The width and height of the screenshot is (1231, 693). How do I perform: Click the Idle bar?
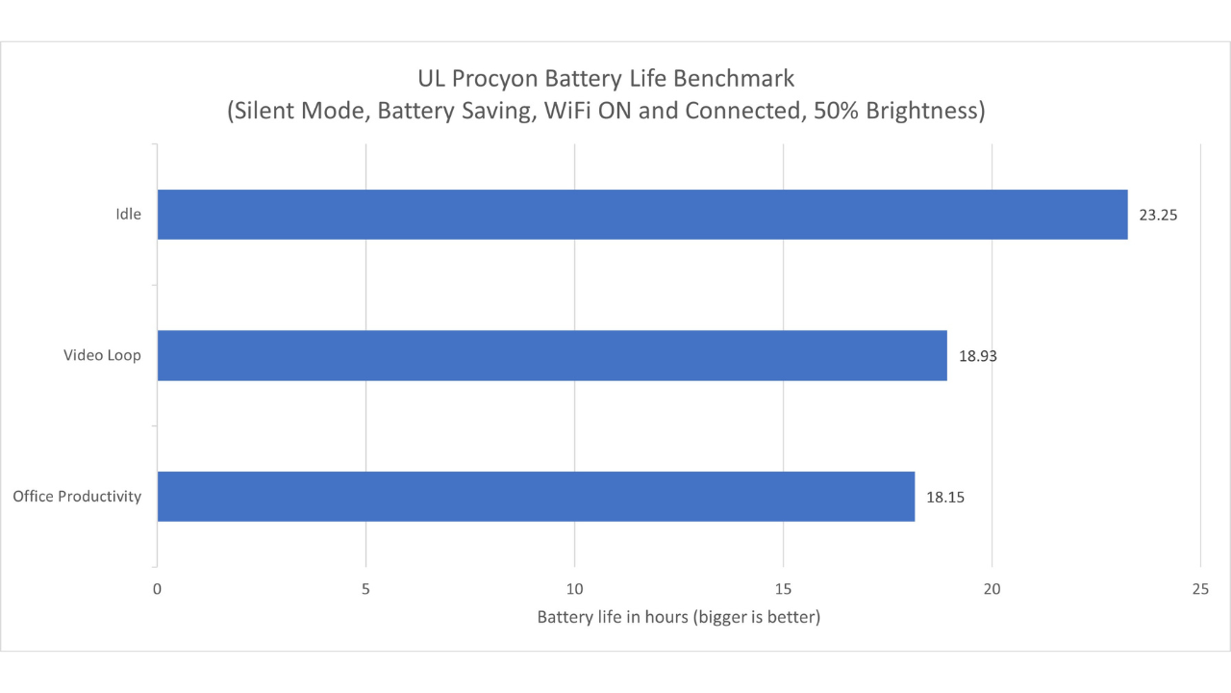pos(641,214)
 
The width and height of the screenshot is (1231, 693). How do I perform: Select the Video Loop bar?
pos(551,355)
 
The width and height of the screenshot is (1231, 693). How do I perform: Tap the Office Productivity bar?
pos(535,497)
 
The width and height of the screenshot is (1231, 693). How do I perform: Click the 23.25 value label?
pos(1158,215)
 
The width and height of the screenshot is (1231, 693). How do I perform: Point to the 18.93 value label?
pos(978,355)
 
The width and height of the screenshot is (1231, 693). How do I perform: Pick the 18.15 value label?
pos(945,497)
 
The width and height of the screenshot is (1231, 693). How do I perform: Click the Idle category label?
pos(128,214)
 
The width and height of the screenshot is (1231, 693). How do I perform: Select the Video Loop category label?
pos(102,355)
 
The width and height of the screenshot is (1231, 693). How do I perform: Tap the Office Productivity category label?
pos(77,497)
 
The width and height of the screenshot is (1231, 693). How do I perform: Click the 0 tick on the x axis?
pos(157,587)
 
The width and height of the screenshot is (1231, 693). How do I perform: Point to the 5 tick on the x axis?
pos(365,587)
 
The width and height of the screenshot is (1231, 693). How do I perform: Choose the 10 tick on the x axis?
pos(574,587)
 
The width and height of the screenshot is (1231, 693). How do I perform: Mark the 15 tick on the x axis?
pos(783,587)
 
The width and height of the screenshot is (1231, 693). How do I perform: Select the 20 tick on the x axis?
pos(992,587)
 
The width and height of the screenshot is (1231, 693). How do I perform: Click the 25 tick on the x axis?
pos(1200,587)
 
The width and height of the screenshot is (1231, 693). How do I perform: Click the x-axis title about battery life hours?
pos(678,617)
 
